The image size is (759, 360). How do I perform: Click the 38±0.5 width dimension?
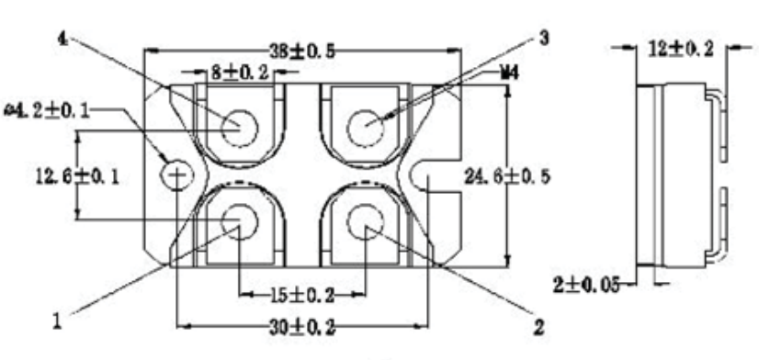[302, 51]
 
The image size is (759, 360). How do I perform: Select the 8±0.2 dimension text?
[239, 73]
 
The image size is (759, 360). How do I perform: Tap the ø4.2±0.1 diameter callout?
[47, 111]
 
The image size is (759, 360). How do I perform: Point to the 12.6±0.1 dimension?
[77, 176]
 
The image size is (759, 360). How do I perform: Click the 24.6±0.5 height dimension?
[507, 176]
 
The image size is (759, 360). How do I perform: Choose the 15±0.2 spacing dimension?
[302, 295]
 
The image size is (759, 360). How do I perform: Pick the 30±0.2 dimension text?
[302, 328]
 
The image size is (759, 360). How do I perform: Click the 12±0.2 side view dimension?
[681, 49]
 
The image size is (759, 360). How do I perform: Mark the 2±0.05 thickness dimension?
[586, 285]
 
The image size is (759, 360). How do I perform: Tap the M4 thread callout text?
[509, 73]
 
